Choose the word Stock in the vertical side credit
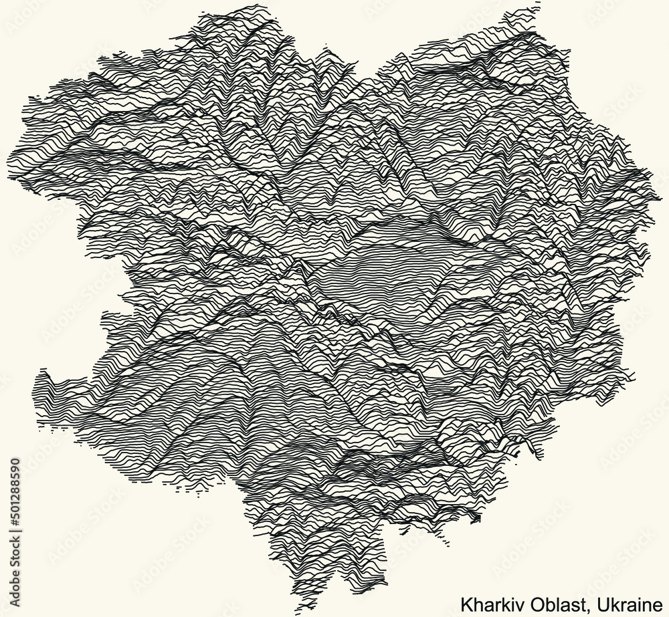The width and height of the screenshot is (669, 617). (15, 547)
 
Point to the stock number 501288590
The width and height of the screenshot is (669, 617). (15, 488)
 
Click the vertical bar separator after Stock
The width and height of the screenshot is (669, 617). (15, 529)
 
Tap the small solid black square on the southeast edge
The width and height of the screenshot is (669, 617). (476, 517)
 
